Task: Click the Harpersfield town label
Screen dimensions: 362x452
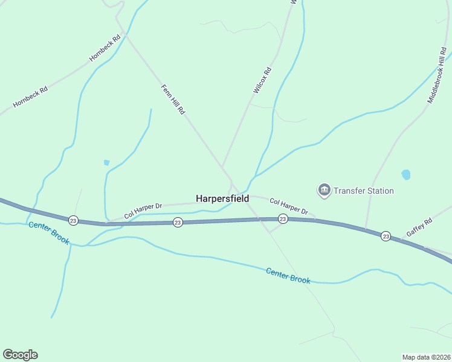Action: pyautogui.click(x=222, y=198)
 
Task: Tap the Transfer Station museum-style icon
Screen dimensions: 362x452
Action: pyautogui.click(x=324, y=191)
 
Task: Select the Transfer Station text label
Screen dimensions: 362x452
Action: pyautogui.click(x=364, y=191)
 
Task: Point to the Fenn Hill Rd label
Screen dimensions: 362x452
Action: pyautogui.click(x=172, y=100)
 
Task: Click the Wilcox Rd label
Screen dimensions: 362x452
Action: pyautogui.click(x=262, y=80)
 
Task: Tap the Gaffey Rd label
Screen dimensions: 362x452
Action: pyautogui.click(x=419, y=227)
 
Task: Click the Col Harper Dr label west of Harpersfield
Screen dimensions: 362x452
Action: pyautogui.click(x=143, y=211)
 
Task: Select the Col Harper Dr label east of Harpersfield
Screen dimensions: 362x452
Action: pyautogui.click(x=289, y=207)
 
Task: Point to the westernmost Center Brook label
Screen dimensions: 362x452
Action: pyautogui.click(x=49, y=233)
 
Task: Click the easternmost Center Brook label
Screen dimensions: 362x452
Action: pyautogui.click(x=288, y=276)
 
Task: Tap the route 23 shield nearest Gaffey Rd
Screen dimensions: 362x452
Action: pyautogui.click(x=386, y=236)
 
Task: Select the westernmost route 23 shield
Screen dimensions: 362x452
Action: pyautogui.click(x=73, y=220)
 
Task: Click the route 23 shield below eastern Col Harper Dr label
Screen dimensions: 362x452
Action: pyautogui.click(x=282, y=218)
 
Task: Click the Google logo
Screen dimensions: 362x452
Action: pyautogui.click(x=20, y=355)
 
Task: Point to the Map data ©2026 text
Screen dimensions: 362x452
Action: pyautogui.click(x=426, y=357)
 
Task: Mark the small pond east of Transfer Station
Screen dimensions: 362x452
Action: pyautogui.click(x=406, y=175)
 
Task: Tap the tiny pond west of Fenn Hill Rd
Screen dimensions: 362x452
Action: pyautogui.click(x=107, y=162)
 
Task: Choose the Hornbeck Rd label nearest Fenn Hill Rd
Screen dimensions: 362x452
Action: pyautogui.click(x=105, y=47)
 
